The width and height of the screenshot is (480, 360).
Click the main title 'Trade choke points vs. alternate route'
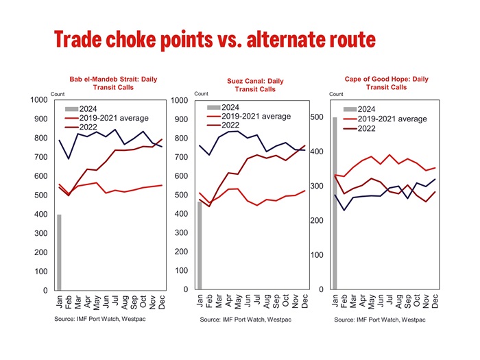[x=215, y=40]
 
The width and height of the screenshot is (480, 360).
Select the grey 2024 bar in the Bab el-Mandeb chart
[x=59, y=252]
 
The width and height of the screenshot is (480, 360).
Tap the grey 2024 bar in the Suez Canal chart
[x=200, y=245]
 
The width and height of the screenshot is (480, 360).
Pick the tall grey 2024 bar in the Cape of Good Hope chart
[x=335, y=203]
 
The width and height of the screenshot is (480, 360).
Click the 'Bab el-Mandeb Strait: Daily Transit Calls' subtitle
[x=113, y=83]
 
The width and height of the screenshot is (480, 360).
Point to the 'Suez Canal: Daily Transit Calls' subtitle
[x=255, y=85]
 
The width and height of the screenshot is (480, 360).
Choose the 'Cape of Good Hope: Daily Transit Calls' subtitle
[x=386, y=83]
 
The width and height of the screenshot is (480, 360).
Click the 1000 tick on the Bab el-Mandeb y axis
[x=39, y=100]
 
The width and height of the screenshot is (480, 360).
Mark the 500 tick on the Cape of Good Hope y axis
[x=317, y=117]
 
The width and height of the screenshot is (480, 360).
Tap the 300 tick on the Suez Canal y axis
[x=181, y=232]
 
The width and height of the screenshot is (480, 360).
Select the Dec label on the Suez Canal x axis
[x=304, y=301]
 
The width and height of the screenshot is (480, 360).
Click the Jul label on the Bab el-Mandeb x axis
[x=115, y=300]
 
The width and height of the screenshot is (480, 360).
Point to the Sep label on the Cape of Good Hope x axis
[x=408, y=301]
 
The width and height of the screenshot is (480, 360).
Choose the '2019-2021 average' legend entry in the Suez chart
[x=249, y=117]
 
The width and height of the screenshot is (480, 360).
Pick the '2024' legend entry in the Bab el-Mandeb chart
[x=81, y=109]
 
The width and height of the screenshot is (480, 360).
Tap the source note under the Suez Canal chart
[x=245, y=320]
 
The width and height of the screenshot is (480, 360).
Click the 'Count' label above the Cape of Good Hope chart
[x=336, y=94]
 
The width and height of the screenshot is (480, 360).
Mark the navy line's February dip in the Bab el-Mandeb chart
[x=69, y=158]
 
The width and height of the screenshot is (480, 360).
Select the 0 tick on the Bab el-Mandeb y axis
[x=45, y=290]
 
